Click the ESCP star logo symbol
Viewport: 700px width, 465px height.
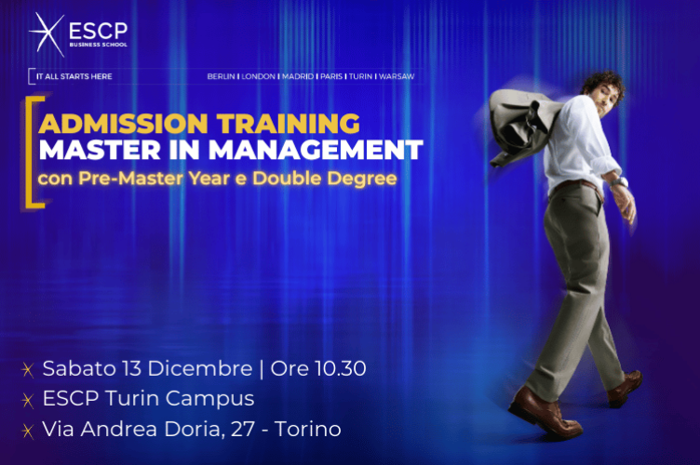47,33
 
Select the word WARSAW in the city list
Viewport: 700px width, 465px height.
397,76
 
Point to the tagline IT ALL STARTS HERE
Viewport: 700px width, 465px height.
74,76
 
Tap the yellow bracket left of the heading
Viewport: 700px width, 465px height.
35,149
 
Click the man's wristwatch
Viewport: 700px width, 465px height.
618,182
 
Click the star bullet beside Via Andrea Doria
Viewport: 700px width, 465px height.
28,431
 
